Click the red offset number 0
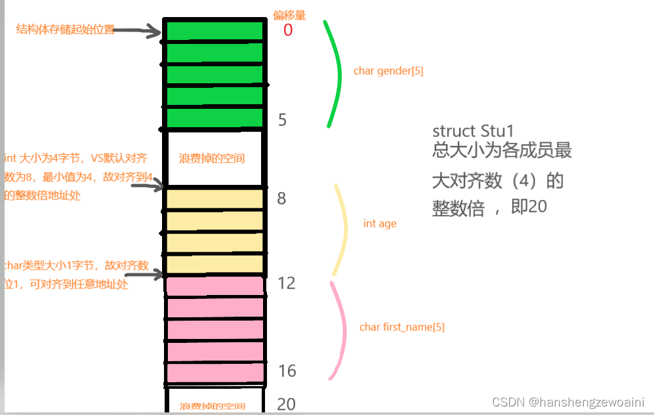[x=288, y=30]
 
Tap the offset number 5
[x=282, y=120]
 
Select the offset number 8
[x=281, y=198]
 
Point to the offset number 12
[x=286, y=283]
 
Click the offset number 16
[x=287, y=371]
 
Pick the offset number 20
[x=287, y=404]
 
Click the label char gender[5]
[x=388, y=71]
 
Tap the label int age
[x=380, y=224]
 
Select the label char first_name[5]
[x=402, y=326]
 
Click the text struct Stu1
[x=472, y=130]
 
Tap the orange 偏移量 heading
[x=289, y=14]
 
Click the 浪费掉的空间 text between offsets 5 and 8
[x=212, y=159]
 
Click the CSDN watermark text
[x=568, y=401]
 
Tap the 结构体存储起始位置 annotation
[x=65, y=30]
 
